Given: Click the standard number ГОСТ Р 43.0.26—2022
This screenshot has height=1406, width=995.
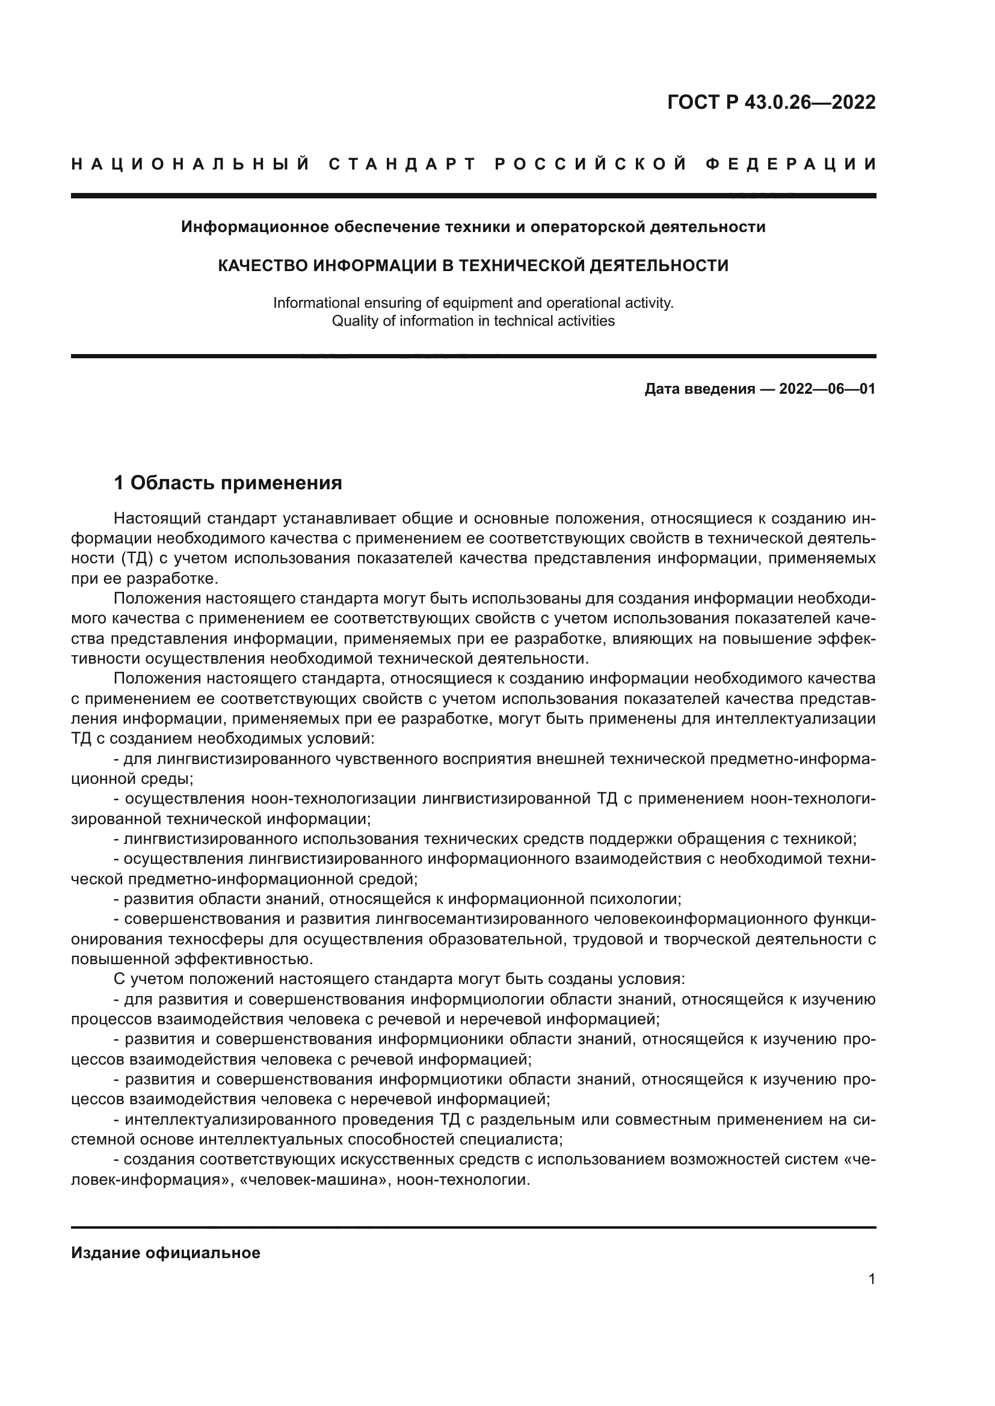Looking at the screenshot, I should pos(771,102).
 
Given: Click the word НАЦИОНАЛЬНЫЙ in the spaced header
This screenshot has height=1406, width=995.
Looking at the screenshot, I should pos(191,164).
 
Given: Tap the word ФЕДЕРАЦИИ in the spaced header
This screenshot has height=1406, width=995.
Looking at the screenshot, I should pos(791,164).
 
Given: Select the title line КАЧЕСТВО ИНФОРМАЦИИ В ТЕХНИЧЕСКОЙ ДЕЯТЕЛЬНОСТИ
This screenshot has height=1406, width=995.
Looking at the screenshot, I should pos(473,266).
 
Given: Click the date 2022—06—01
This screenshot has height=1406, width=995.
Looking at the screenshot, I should pos(827,389).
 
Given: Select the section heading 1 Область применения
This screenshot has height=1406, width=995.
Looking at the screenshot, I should pos(228,483).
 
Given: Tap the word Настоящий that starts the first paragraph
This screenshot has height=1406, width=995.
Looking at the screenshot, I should pos(157,519).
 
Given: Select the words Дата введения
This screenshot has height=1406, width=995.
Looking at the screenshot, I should pos(699,389).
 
